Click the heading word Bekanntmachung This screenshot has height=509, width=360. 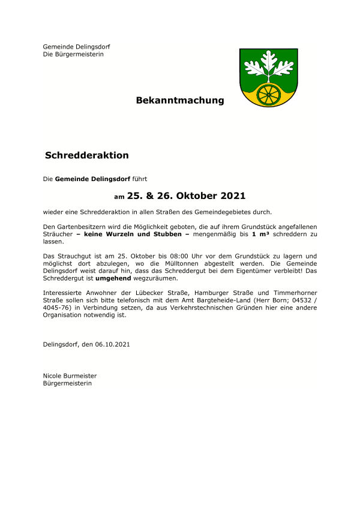click(x=180, y=100)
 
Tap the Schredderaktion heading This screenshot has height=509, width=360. click(x=87, y=155)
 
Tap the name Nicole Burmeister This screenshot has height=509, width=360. click(x=70, y=376)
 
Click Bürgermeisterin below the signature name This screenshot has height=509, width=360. click(x=67, y=383)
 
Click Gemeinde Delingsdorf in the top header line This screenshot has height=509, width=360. click(x=76, y=47)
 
